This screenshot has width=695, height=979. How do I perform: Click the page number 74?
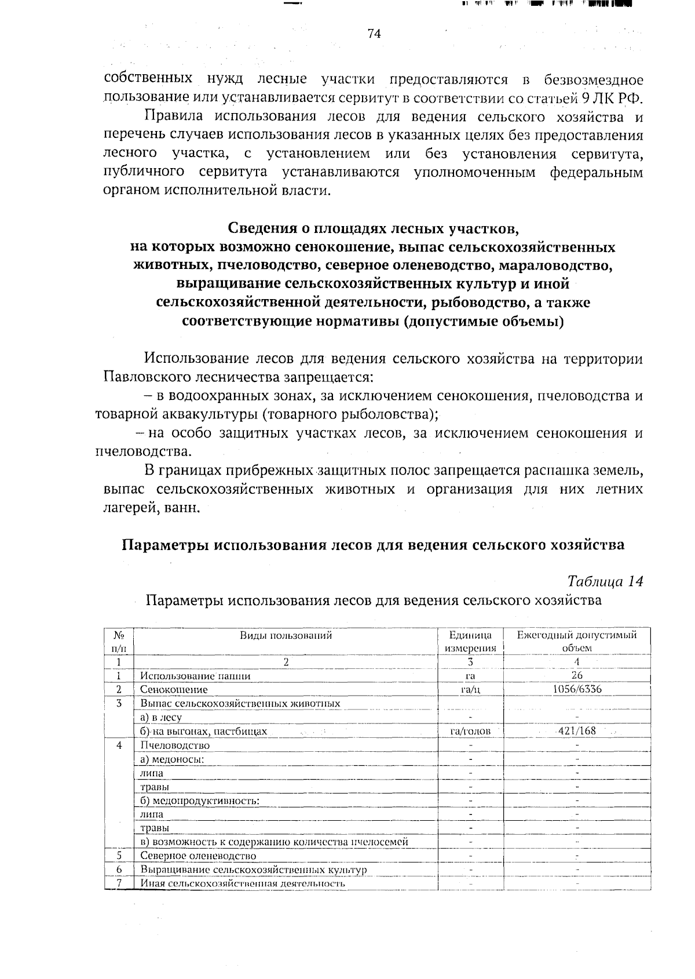pos(374,34)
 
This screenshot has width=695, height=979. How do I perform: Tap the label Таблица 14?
pos(605,581)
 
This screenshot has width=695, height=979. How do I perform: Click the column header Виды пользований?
pos(286,635)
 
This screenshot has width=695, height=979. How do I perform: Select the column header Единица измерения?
pos(470,641)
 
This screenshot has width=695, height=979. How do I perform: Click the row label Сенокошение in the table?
pos(174,690)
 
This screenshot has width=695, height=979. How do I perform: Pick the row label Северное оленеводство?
pos(198,856)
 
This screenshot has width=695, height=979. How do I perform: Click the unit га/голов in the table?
pos(470,731)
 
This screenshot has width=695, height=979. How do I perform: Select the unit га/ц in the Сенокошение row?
pos(470,690)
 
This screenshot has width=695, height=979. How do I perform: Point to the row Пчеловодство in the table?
pos(175,745)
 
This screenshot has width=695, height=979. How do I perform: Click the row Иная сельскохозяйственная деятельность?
pos(243,883)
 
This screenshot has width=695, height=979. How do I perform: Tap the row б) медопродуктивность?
pos(199,800)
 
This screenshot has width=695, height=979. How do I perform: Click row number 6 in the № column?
pos(119,869)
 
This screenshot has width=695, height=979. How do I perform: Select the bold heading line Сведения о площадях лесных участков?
pos(374,228)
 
